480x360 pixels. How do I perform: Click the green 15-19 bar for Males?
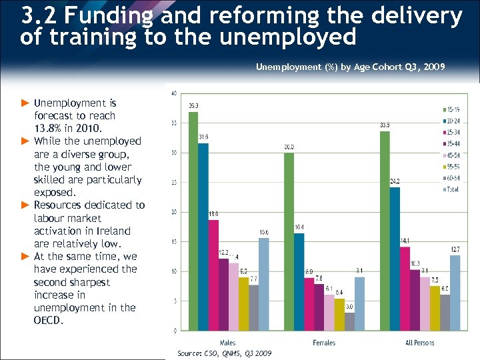click(x=193, y=221)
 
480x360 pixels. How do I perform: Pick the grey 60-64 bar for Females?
click(x=350, y=321)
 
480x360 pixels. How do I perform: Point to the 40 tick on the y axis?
click(x=174, y=93)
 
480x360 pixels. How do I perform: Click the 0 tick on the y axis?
click(x=175, y=331)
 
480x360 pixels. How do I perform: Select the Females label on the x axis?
click(x=323, y=343)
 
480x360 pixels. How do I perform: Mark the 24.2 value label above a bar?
click(x=395, y=181)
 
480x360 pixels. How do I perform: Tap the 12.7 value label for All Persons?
click(x=455, y=249)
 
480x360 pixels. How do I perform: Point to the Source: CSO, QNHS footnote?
click(x=224, y=353)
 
